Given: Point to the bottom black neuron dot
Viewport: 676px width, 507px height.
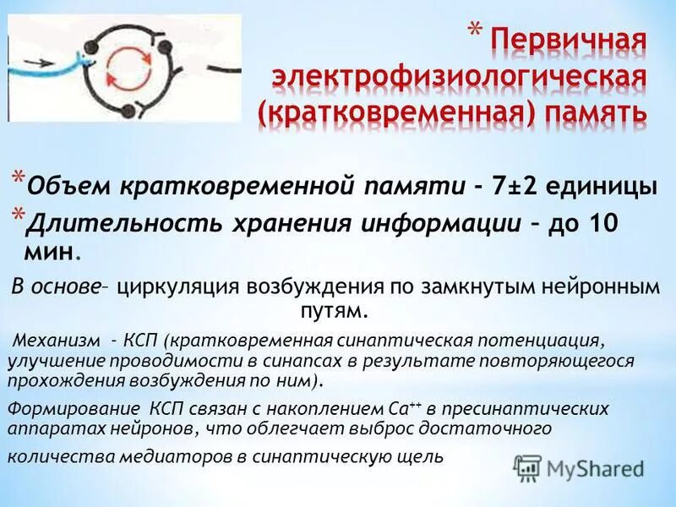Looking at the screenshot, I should (x=128, y=111).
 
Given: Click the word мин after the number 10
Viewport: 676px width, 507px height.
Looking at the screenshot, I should (x=54, y=251).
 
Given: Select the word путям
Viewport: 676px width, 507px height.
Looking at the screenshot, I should (x=335, y=311).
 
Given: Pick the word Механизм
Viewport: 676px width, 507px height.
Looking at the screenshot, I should (x=57, y=341).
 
